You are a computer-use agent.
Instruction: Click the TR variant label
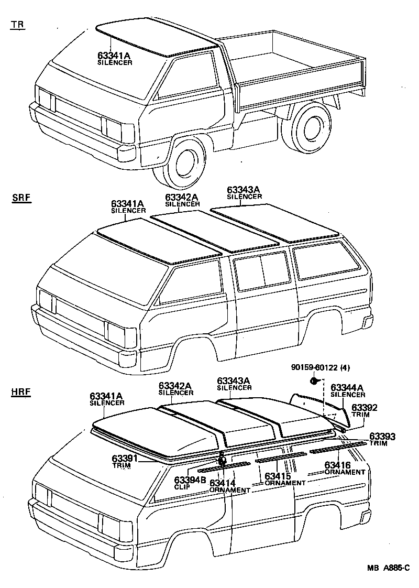coord(17,25)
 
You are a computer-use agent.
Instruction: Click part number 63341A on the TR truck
coord(115,55)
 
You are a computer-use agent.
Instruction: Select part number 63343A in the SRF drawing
coord(244,190)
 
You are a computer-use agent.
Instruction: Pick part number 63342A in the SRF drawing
coord(182,197)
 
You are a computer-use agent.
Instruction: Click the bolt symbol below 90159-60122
coord(313,380)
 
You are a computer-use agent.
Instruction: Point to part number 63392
coord(364,407)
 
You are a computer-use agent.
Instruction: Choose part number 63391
coord(125,458)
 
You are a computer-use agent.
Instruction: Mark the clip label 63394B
coord(190,480)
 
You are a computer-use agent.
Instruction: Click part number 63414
coord(223,483)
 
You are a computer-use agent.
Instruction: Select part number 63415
coord(278,476)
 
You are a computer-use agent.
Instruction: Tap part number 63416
coord(337,465)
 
